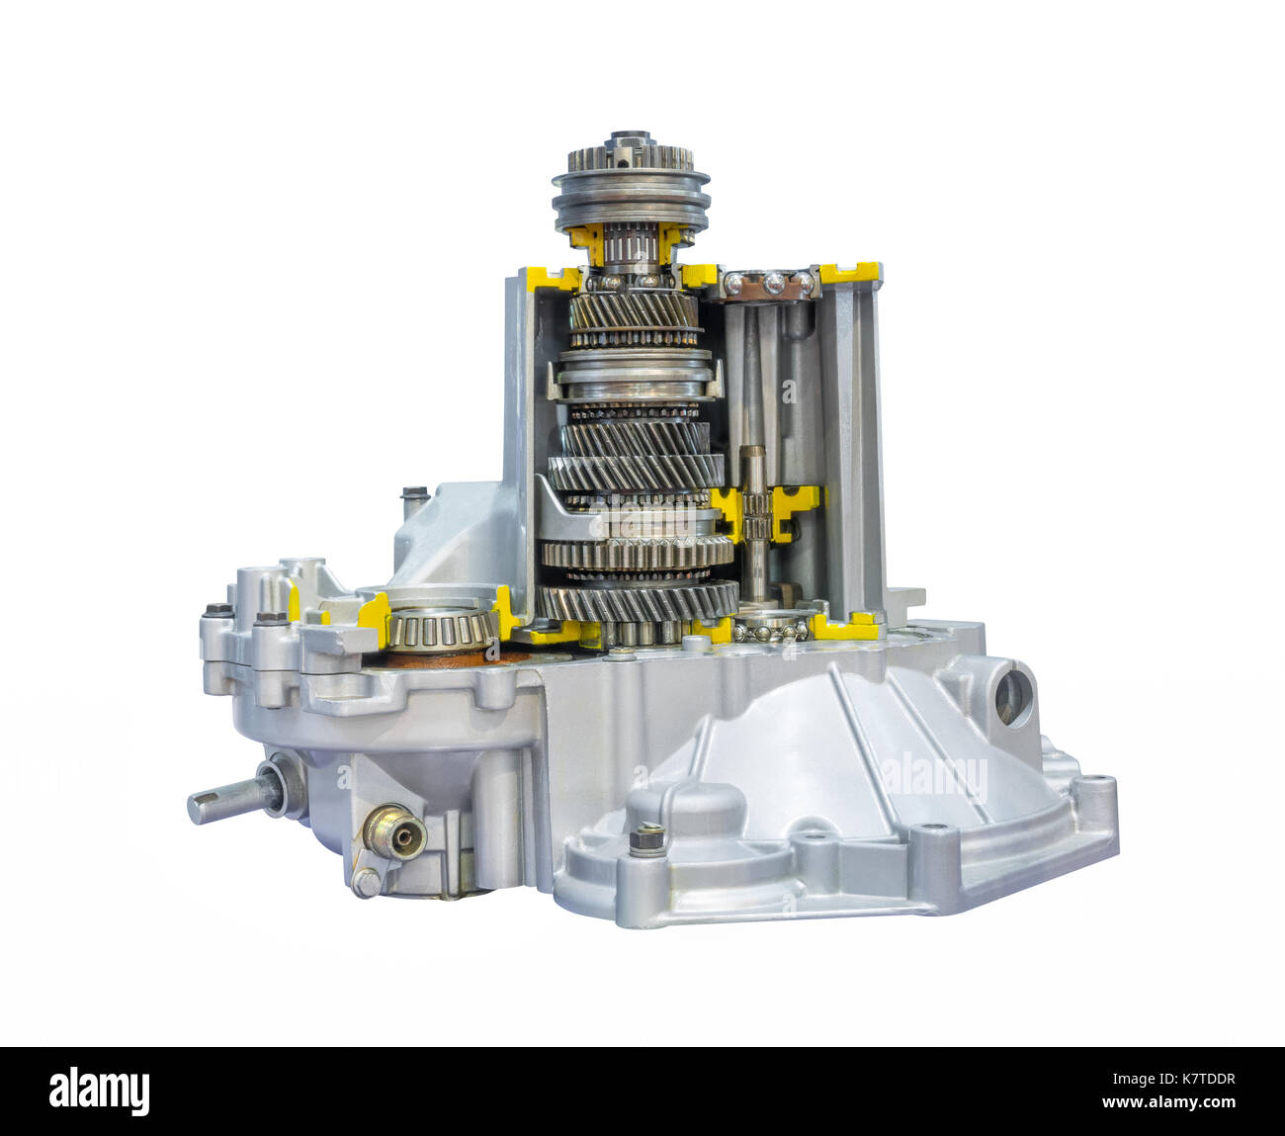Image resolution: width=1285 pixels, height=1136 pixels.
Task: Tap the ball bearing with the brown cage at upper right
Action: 769,284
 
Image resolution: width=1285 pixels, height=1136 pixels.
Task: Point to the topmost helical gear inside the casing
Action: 634,313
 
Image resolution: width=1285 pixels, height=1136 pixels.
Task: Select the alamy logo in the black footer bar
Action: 99,1091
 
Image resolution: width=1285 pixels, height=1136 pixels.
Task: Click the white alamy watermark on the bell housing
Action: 933,777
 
